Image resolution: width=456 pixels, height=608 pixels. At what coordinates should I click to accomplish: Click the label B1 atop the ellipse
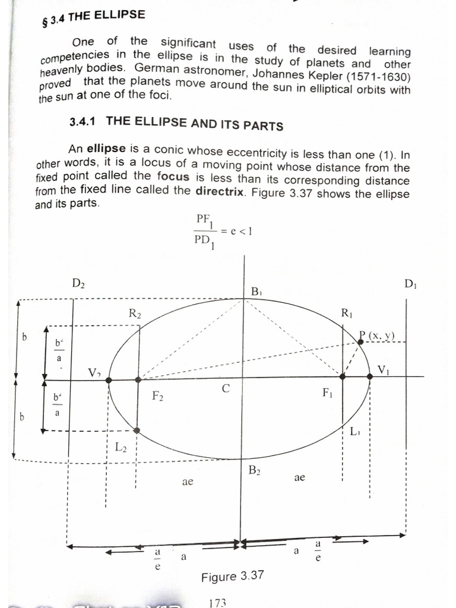pyautogui.click(x=256, y=292)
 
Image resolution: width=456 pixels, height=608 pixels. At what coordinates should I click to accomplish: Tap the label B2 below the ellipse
pyautogui.click(x=255, y=471)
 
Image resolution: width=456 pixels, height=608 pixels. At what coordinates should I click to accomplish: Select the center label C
pyautogui.click(x=226, y=389)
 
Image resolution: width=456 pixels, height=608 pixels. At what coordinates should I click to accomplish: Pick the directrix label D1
pyautogui.click(x=410, y=284)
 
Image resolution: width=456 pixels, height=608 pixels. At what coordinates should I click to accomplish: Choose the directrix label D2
pyautogui.click(x=78, y=284)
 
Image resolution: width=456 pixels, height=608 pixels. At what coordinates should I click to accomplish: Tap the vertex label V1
pyautogui.click(x=383, y=371)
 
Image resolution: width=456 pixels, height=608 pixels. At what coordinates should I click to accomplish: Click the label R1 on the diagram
pyautogui.click(x=347, y=312)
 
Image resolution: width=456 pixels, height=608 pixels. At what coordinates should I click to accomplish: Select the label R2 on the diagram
pyautogui.click(x=135, y=314)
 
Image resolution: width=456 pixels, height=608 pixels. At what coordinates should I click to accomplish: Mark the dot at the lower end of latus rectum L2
pyautogui.click(x=137, y=430)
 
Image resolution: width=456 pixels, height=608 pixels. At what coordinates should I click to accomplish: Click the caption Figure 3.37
pyautogui.click(x=232, y=577)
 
